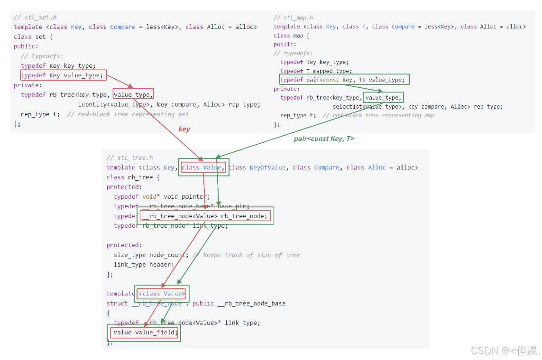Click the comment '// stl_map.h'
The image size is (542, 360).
pos(294,18)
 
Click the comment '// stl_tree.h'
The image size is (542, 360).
pos(129,157)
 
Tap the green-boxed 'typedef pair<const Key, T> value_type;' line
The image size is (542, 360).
pos(344,80)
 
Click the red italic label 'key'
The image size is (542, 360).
pos(184,129)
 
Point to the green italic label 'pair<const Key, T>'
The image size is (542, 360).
pos(324,138)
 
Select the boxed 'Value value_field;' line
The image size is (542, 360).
pos(145,332)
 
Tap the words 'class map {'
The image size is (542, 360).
pos(291,36)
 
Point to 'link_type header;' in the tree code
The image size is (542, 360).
pos(144,264)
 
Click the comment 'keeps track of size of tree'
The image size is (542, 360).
pos(251,255)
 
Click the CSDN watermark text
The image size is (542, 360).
pos(505,351)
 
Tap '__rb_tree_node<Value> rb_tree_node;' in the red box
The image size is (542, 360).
pos(205,216)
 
